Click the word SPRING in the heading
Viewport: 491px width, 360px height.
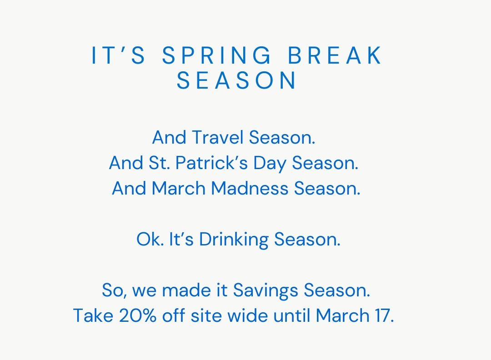217,55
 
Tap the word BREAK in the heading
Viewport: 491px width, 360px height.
335,55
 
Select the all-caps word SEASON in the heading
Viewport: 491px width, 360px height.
236,80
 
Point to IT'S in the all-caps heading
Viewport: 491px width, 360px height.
118,55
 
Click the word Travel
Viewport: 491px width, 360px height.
218,137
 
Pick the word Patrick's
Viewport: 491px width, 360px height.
212,163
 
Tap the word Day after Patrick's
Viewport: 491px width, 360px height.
270,163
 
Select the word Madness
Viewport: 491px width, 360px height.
250,188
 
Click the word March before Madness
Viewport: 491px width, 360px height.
179,188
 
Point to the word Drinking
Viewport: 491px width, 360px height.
234,240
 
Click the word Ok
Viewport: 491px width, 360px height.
150,239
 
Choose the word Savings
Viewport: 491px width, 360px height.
265,290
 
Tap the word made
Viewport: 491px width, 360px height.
187,290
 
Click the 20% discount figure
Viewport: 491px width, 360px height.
137,315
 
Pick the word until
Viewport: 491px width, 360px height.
291,315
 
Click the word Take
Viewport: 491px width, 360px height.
93,315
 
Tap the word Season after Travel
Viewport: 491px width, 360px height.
282,137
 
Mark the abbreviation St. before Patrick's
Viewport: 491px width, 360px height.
159,163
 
